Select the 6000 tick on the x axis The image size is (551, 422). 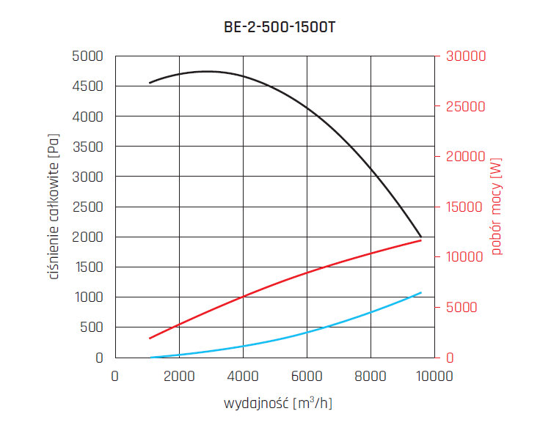(306, 377)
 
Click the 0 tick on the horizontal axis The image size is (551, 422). (114, 377)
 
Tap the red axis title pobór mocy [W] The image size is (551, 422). (497, 207)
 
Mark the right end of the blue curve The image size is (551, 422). (422, 292)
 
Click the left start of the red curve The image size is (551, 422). (150, 338)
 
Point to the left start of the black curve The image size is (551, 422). (150, 83)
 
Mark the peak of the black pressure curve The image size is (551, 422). (207, 71)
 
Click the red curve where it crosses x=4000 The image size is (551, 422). (243, 296)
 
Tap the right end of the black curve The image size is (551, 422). (422, 237)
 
